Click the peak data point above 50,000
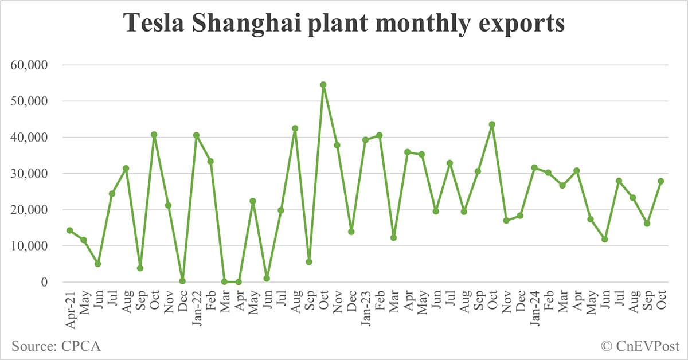[323, 85]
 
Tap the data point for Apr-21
[69, 230]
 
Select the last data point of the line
[661, 181]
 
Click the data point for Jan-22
[196, 136]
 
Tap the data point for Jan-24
[534, 168]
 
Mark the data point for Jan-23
[365, 140]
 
